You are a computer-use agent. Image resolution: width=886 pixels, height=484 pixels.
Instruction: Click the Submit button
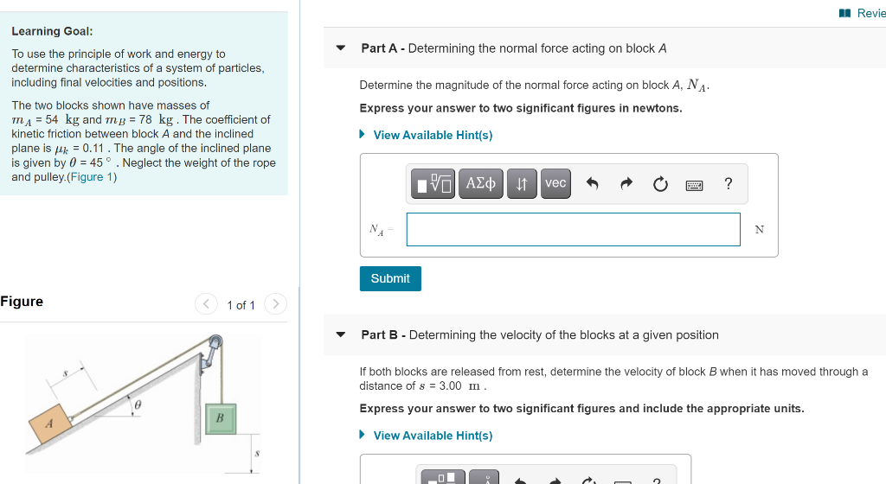pos(390,278)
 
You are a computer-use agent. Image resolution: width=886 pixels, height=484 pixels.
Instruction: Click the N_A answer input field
pos(573,229)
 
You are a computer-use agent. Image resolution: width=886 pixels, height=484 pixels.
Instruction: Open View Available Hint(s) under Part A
pos(432,135)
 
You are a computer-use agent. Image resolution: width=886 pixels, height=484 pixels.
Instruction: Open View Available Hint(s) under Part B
pos(432,436)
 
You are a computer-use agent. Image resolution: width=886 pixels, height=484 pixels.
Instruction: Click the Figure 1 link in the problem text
pos(91,177)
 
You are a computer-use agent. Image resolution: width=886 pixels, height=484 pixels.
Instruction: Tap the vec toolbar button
pos(555,183)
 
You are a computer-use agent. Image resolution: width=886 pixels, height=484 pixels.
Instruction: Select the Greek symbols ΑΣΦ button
pos(481,183)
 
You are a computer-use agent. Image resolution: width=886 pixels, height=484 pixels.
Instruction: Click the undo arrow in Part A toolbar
pos(593,183)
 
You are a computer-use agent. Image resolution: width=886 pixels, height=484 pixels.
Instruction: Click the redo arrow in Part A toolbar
pos(626,183)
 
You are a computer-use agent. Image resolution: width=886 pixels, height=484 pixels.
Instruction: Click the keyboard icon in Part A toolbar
pos(694,184)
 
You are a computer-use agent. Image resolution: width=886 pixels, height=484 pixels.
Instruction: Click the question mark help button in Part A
pos(728,183)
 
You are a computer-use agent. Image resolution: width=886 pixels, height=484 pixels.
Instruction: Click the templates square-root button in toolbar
pos(433,183)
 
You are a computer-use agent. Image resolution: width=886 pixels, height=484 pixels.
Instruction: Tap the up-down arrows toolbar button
pos(522,183)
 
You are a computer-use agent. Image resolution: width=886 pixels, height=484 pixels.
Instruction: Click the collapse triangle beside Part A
pos(341,48)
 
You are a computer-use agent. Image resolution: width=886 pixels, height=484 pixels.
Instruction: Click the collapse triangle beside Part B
pos(341,334)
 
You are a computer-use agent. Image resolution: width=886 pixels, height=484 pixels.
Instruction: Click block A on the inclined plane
pos(49,423)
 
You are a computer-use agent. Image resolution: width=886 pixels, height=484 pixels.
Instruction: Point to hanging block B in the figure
pos(220,417)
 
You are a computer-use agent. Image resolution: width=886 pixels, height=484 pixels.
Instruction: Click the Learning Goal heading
pos(52,31)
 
